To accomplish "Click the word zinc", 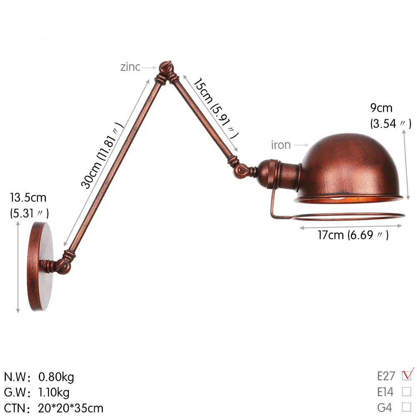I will pyautogui.click(x=130, y=67).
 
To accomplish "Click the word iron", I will pyautogui.click(x=281, y=145).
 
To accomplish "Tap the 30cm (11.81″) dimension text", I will pyautogui.click(x=103, y=155).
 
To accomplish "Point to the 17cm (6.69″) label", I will pyautogui.click(x=353, y=235).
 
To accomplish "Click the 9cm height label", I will pyautogui.click(x=381, y=108).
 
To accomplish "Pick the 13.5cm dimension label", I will pyautogui.click(x=28, y=197).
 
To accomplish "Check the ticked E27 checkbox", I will pyautogui.click(x=406, y=376).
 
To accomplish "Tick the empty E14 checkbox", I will pyautogui.click(x=406, y=392).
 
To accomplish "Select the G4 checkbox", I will pyautogui.click(x=406, y=407).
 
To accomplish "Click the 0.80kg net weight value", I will pyautogui.click(x=56, y=377).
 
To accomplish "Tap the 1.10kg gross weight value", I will pyautogui.click(x=54, y=392).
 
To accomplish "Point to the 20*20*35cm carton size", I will pyautogui.click(x=71, y=407).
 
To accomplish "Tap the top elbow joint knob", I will pyautogui.click(x=165, y=68).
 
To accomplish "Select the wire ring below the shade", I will pyautogui.click(x=350, y=217).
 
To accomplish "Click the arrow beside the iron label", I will pyautogui.click(x=300, y=145).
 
